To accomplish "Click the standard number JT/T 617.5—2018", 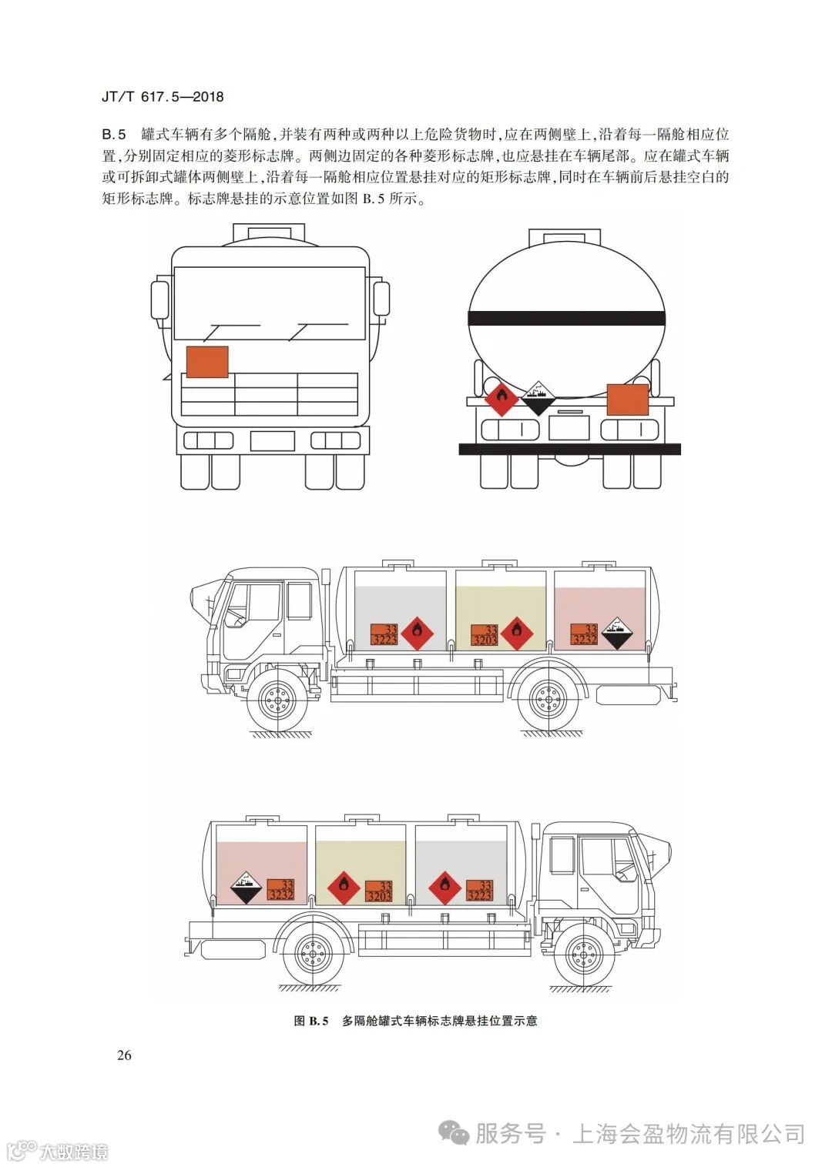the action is [x=163, y=97].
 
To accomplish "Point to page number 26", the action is [x=124, y=1055].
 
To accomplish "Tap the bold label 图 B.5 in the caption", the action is [x=311, y=1021].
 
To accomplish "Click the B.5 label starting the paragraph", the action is [x=114, y=134].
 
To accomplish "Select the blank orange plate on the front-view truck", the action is [x=207, y=362].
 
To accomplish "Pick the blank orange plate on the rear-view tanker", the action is [x=628, y=400].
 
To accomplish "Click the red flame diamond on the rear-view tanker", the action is [x=502, y=398].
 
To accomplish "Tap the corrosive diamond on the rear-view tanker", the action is [x=539, y=397].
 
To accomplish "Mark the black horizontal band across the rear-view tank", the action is [x=566, y=316].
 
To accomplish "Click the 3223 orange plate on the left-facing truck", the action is [x=384, y=634].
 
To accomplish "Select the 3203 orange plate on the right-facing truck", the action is [x=379, y=891].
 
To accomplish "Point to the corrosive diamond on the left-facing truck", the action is [x=616, y=633].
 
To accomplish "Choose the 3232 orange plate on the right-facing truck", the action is [x=281, y=890].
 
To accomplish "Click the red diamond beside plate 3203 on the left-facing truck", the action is [x=516, y=633].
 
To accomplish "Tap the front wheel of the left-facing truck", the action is [x=277, y=699].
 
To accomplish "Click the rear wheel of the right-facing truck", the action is [x=313, y=955].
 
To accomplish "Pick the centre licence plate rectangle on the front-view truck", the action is [x=272, y=441].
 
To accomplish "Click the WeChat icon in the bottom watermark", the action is [x=453, y=1132].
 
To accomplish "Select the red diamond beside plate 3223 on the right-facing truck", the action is [x=445, y=888].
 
